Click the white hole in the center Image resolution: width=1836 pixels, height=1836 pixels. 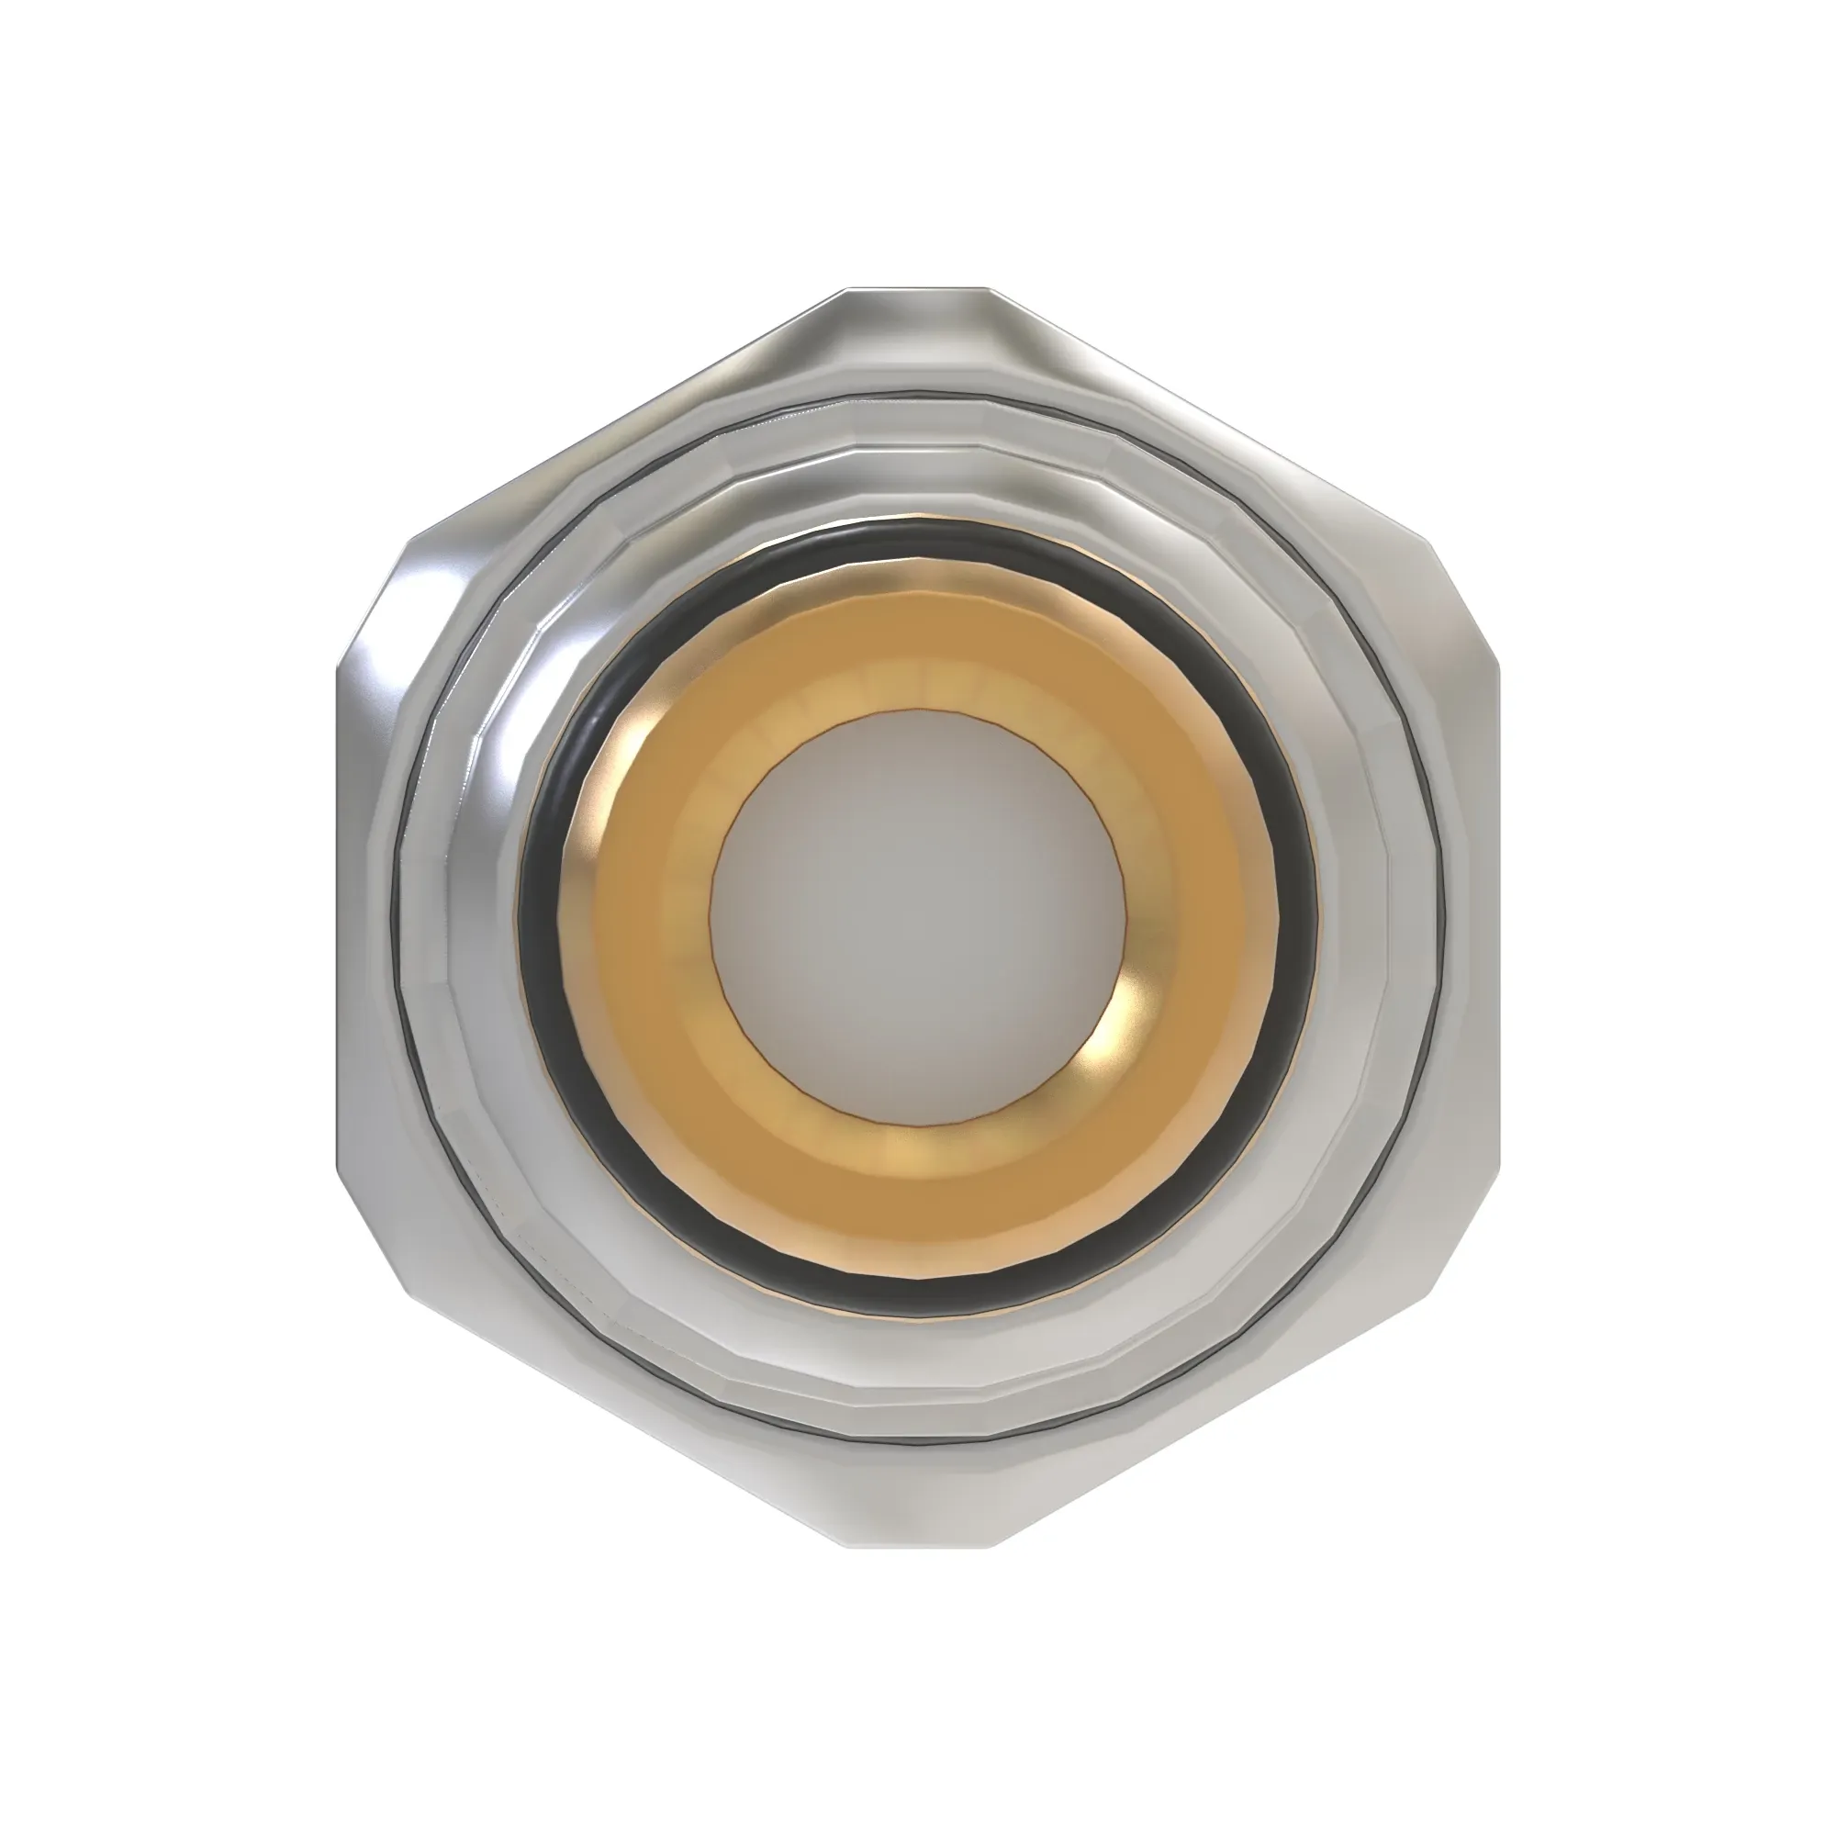point(918,918)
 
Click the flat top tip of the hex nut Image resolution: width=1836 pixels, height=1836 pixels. point(918,314)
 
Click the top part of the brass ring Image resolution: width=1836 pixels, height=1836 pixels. point(918,646)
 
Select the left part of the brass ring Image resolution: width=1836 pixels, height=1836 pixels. point(646,918)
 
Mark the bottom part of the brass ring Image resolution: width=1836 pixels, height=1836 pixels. point(918,1197)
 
